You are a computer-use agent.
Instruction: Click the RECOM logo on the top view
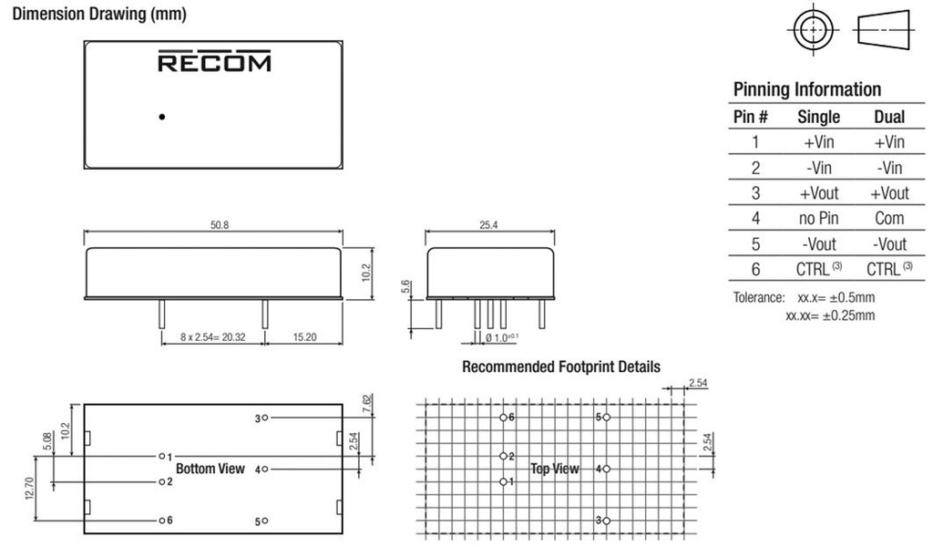pyautogui.click(x=214, y=61)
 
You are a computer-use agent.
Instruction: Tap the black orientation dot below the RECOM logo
pyautogui.click(x=162, y=117)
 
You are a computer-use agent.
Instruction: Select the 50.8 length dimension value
pyautogui.click(x=220, y=225)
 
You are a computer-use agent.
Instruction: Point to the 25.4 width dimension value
pyautogui.click(x=488, y=225)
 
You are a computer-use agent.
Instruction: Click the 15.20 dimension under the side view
pyautogui.click(x=304, y=337)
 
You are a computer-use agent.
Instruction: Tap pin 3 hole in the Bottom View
pyautogui.click(x=265, y=418)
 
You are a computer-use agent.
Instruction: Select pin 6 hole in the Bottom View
pyautogui.click(x=162, y=521)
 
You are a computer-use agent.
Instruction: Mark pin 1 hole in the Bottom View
pyautogui.click(x=162, y=456)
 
